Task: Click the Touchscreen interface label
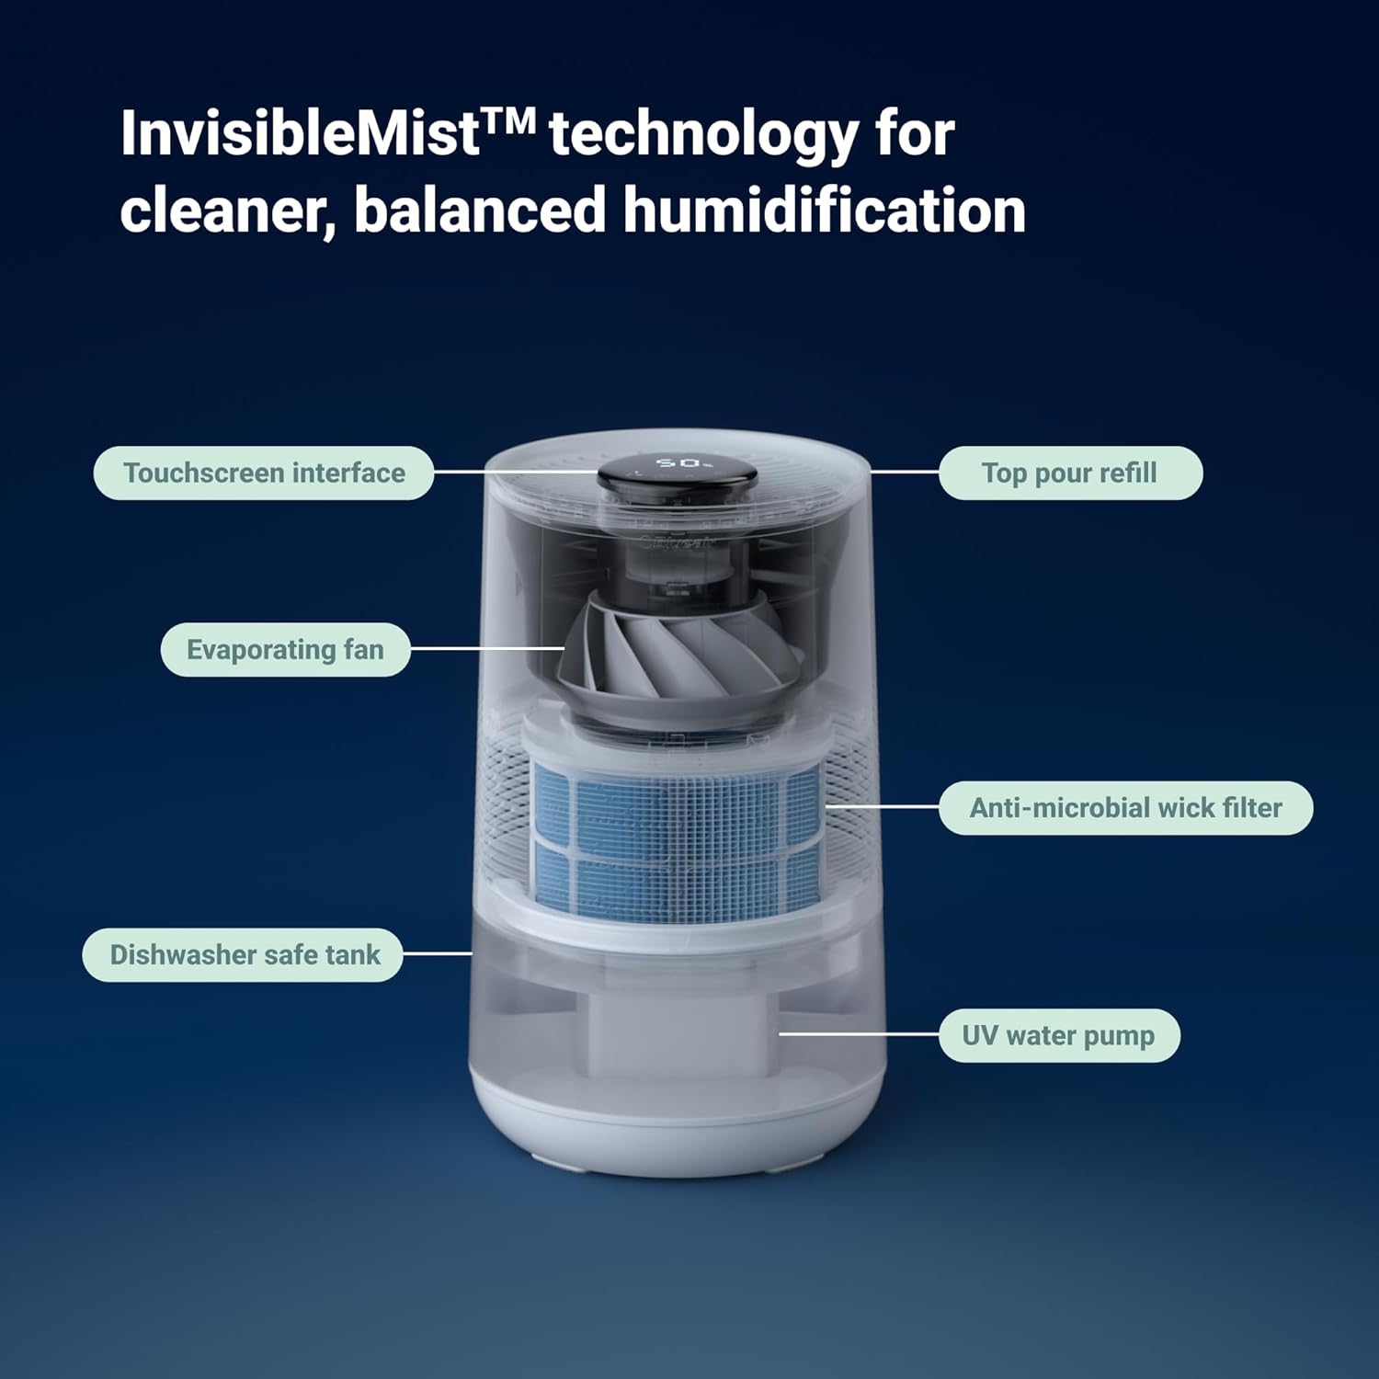264,473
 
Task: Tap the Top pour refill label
1069,473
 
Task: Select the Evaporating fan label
285,650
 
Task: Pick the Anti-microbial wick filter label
1125,808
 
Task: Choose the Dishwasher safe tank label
244,955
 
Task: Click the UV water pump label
1058,1036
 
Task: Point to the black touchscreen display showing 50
678,470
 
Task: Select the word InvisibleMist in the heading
300,134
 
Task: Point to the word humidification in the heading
824,211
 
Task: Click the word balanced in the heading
480,211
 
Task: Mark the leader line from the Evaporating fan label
487,648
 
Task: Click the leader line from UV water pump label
859,1033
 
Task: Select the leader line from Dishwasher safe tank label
438,953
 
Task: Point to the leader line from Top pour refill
905,472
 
